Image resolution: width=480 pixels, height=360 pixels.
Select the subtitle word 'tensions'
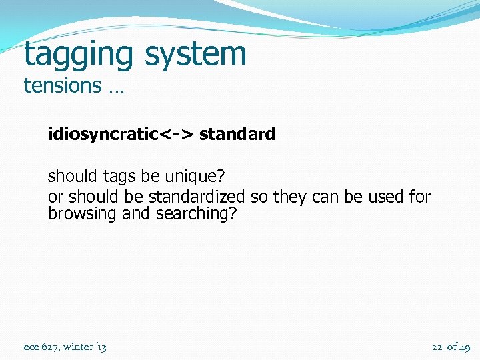point(62,85)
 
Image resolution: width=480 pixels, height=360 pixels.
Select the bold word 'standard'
point(237,135)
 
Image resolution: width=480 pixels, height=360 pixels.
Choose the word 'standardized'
point(196,197)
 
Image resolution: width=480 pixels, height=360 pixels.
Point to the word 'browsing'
point(73,214)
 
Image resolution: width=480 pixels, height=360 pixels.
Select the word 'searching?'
point(196,214)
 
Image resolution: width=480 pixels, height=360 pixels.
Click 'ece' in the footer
point(31,347)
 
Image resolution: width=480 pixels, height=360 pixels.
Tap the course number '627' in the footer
point(50,347)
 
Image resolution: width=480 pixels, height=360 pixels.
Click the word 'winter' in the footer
point(78,347)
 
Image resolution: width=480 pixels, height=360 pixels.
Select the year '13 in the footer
point(101,347)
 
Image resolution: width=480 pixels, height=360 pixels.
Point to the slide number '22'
point(437,347)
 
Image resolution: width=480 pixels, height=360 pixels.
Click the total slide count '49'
point(465,347)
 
